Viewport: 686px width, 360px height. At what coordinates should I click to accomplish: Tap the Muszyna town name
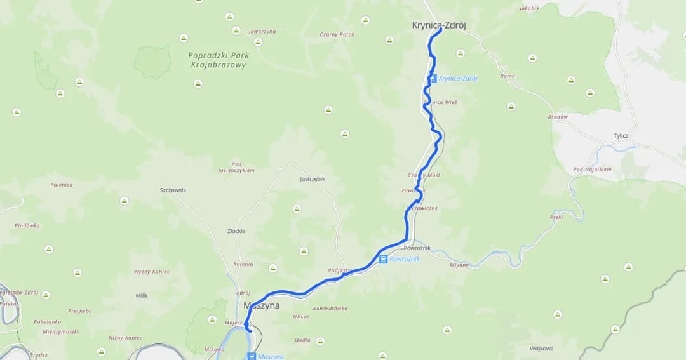tap(262, 306)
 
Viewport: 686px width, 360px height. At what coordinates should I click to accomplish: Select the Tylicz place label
tap(621, 136)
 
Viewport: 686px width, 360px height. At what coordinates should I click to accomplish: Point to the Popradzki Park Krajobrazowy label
tap(217, 60)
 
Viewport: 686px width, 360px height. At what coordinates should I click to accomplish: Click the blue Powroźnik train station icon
tap(384, 259)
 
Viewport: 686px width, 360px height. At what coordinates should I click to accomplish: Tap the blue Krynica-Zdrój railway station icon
tap(433, 79)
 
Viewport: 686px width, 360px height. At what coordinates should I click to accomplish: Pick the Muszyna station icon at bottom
tap(252, 356)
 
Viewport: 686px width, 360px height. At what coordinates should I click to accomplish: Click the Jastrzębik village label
tap(312, 179)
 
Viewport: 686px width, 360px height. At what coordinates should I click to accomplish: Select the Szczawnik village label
tap(173, 190)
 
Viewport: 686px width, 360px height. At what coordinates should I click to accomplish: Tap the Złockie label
tap(236, 231)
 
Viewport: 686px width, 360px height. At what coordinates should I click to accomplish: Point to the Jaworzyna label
tap(262, 31)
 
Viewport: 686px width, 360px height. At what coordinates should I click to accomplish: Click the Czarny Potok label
tap(337, 34)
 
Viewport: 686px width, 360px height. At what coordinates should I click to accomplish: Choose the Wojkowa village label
tap(541, 348)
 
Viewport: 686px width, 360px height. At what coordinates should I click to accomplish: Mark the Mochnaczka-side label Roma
tap(508, 76)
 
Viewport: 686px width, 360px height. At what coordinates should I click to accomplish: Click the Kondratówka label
tap(330, 309)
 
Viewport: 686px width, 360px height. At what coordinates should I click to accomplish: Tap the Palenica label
tap(62, 185)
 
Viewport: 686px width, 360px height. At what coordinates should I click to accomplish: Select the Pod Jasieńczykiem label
tap(236, 167)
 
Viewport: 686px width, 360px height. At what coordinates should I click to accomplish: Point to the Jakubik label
tap(529, 8)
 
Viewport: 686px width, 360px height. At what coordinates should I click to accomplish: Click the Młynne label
tap(459, 265)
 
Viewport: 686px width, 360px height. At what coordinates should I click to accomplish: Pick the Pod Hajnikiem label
tap(592, 170)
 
